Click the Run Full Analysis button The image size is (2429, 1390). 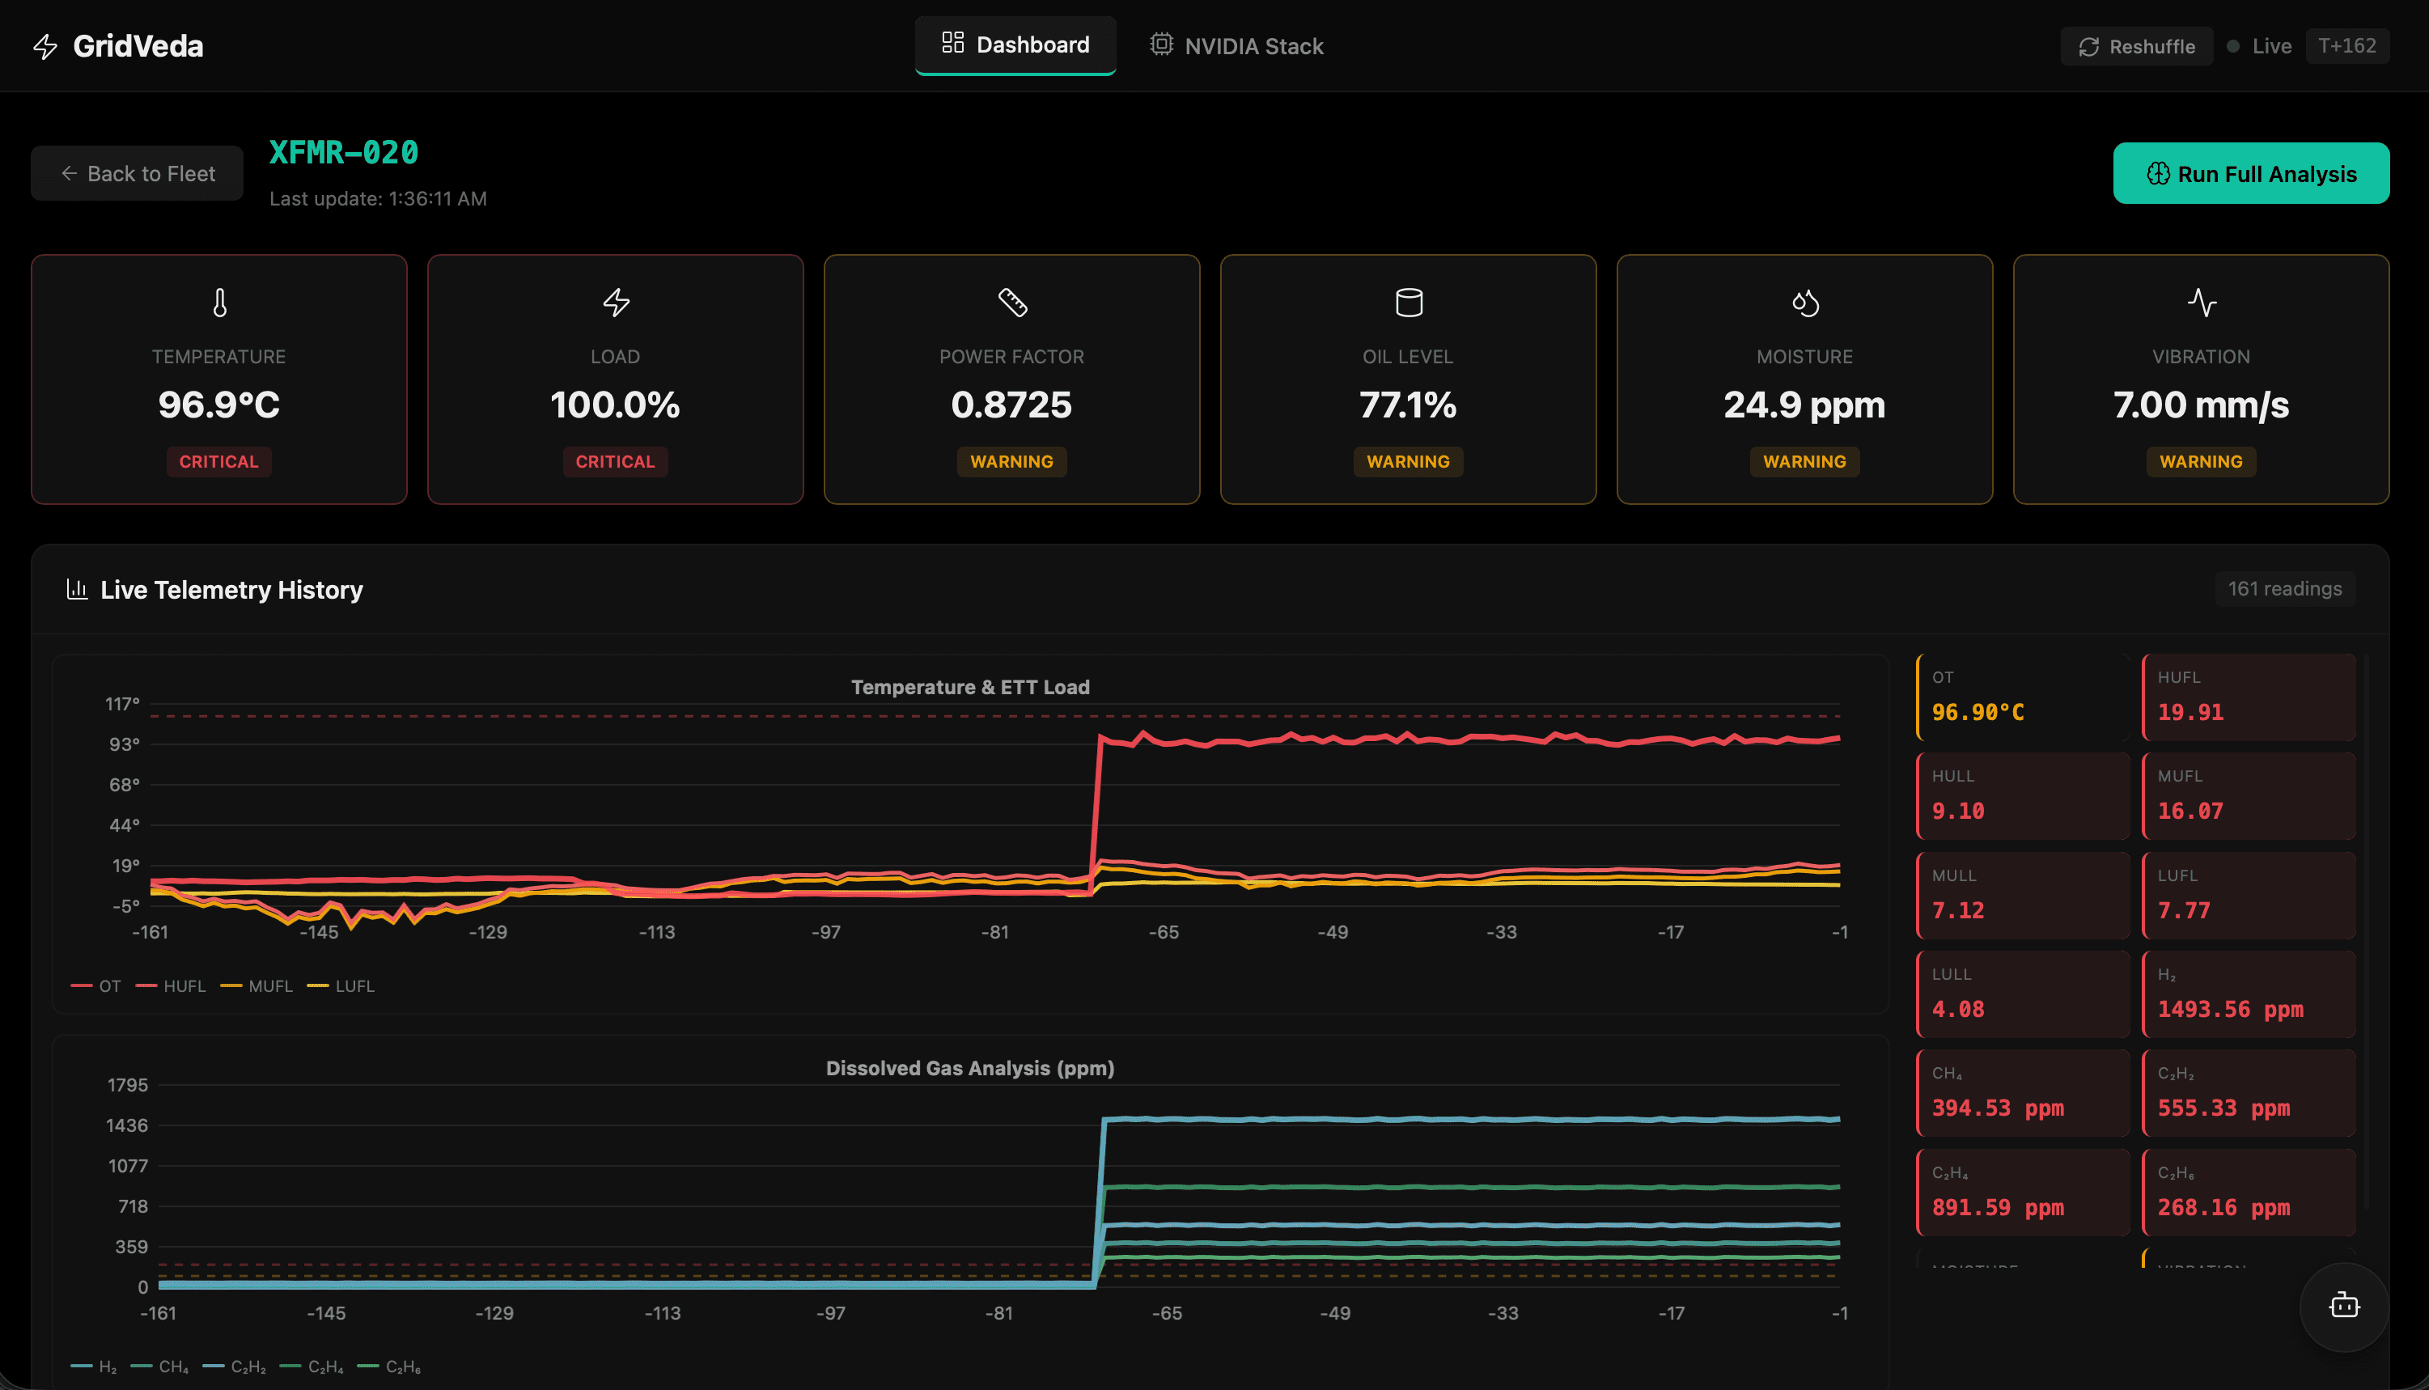point(2249,174)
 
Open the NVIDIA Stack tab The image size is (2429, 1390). point(1236,46)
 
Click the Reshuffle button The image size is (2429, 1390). point(2136,46)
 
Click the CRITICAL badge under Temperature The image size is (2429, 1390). point(218,462)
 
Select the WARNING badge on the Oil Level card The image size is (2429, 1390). point(1408,462)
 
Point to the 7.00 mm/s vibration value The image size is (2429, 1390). point(2200,405)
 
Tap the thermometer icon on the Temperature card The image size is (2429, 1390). point(219,303)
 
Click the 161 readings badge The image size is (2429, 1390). point(2284,589)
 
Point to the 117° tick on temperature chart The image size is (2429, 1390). point(122,705)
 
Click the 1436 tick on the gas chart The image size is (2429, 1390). point(127,1125)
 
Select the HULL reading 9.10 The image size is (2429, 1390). point(1957,812)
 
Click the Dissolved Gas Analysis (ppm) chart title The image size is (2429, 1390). point(969,1068)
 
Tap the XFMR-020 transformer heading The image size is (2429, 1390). point(344,153)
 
